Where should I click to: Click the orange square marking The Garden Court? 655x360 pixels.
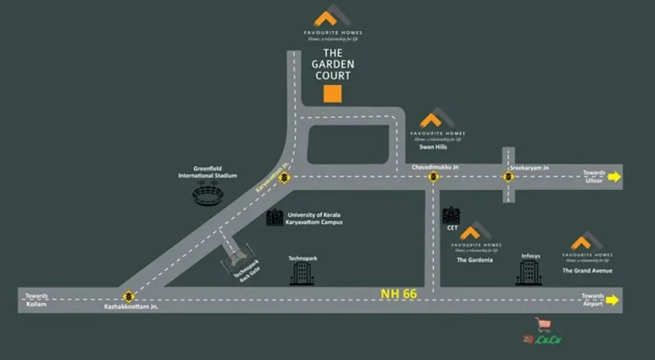[332, 92]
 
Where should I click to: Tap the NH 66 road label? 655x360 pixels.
[399, 292]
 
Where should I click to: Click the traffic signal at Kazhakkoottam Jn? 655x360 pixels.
[128, 296]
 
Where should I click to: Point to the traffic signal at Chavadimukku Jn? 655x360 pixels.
[433, 177]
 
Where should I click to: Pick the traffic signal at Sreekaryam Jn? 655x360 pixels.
[508, 177]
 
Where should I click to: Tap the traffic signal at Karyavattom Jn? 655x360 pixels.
[283, 177]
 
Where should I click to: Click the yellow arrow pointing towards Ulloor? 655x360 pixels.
[615, 176]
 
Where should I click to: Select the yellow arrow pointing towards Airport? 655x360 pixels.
[614, 299]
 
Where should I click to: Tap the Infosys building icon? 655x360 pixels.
[525, 273]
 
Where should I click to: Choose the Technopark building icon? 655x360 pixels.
[302, 273]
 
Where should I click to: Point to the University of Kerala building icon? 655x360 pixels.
[273, 217]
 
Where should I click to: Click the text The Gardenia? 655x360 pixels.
[474, 260]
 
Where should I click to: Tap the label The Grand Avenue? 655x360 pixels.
[587, 270]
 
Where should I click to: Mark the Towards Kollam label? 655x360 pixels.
[37, 299]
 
